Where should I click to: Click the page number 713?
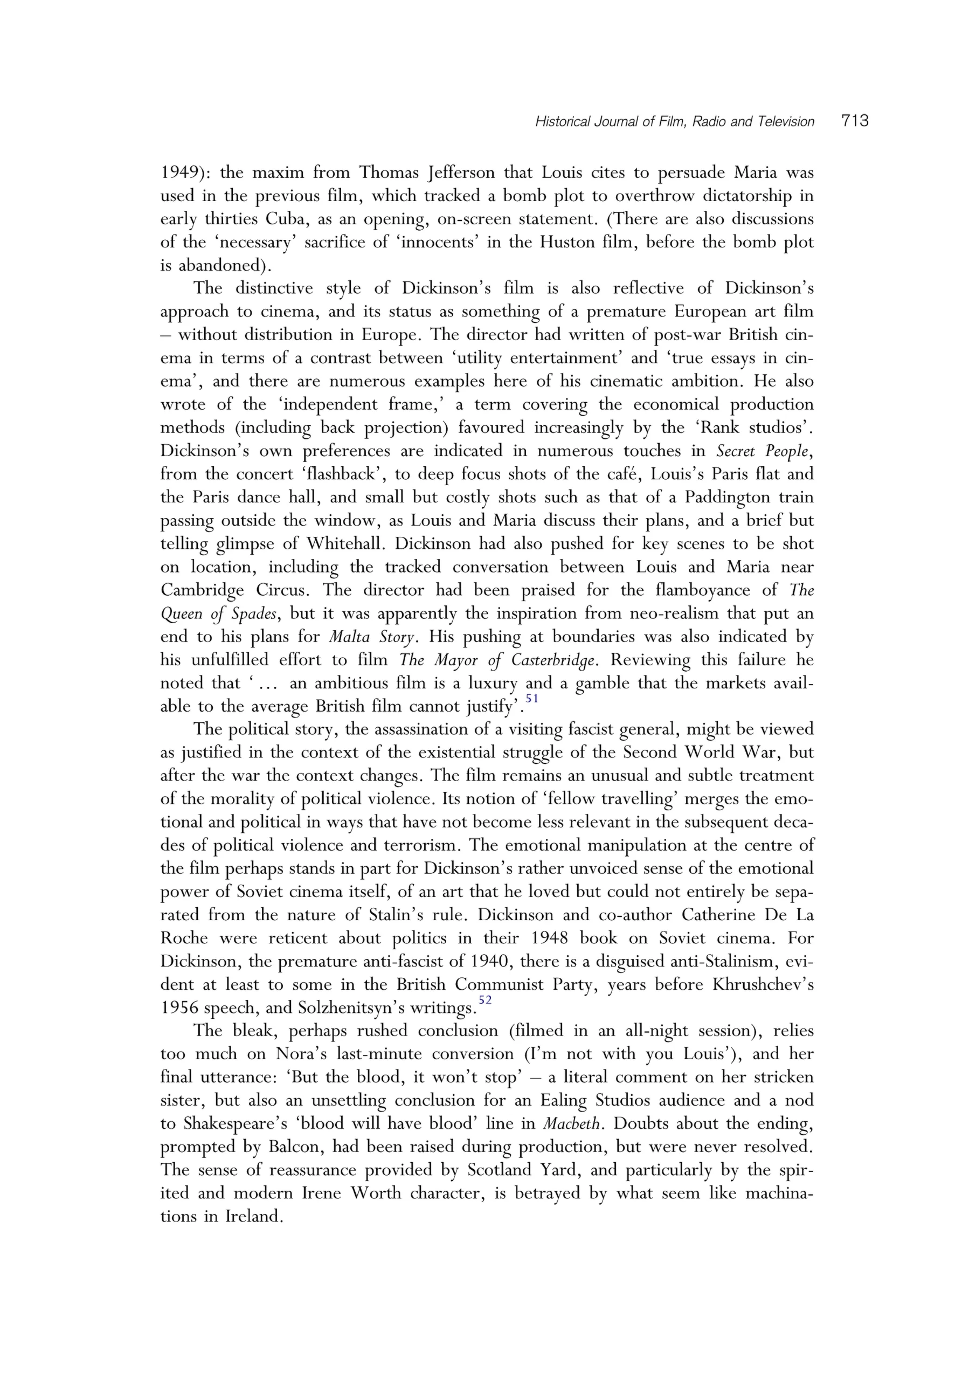coord(855,121)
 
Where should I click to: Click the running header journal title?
coord(674,122)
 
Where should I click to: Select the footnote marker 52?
coord(484,999)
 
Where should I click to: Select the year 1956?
coord(181,1008)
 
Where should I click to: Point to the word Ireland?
coord(254,1217)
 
